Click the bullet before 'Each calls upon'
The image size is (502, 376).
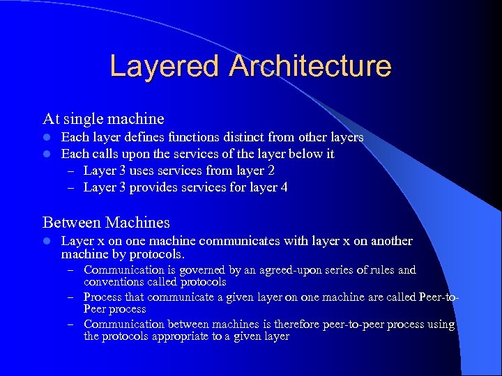point(47,154)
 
